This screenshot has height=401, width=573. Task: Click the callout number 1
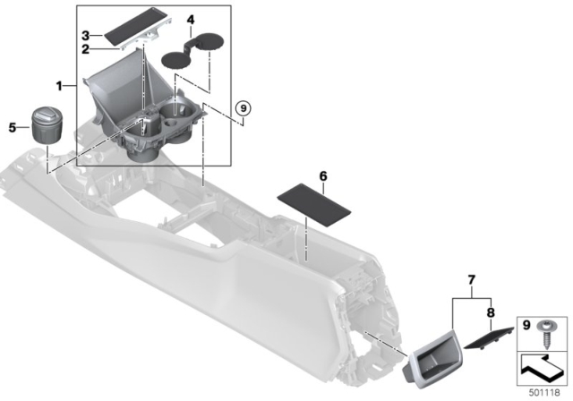tap(60, 87)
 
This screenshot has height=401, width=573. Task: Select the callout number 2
tap(86, 49)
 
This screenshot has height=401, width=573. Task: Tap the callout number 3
tap(86, 35)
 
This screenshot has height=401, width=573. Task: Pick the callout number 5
tap(13, 127)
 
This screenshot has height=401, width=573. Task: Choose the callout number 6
tap(323, 177)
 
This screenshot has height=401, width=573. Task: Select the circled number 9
tap(240, 111)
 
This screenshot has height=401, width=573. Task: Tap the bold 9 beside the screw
tap(526, 323)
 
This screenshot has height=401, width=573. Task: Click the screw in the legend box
tap(545, 332)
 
